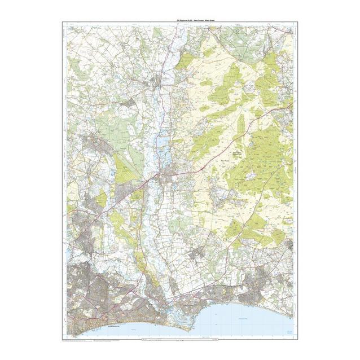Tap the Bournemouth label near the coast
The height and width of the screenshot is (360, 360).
point(102,326)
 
